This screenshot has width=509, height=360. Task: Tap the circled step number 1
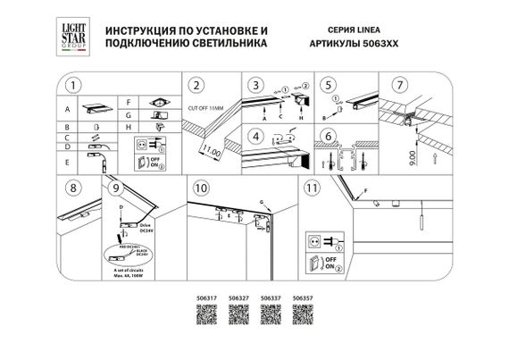[x=74, y=86]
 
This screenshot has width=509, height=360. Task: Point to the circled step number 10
[x=201, y=189]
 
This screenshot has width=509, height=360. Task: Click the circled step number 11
[x=311, y=189]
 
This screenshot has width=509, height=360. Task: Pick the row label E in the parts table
[x=67, y=161]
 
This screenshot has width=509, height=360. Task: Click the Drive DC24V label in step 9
[x=147, y=230]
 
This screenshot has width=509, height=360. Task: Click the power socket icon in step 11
[x=313, y=240]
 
